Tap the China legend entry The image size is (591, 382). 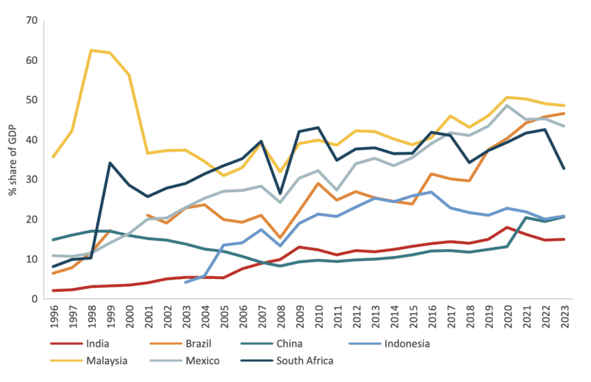click(x=318, y=343)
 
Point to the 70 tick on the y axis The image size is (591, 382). click(x=31, y=21)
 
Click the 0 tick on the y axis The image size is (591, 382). click(x=33, y=299)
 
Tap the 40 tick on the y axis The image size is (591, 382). click(x=31, y=140)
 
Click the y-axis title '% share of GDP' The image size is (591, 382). click(x=13, y=159)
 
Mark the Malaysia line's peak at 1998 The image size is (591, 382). click(x=92, y=50)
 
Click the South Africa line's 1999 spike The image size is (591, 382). click(x=109, y=164)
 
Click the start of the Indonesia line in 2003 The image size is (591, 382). click(x=186, y=282)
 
